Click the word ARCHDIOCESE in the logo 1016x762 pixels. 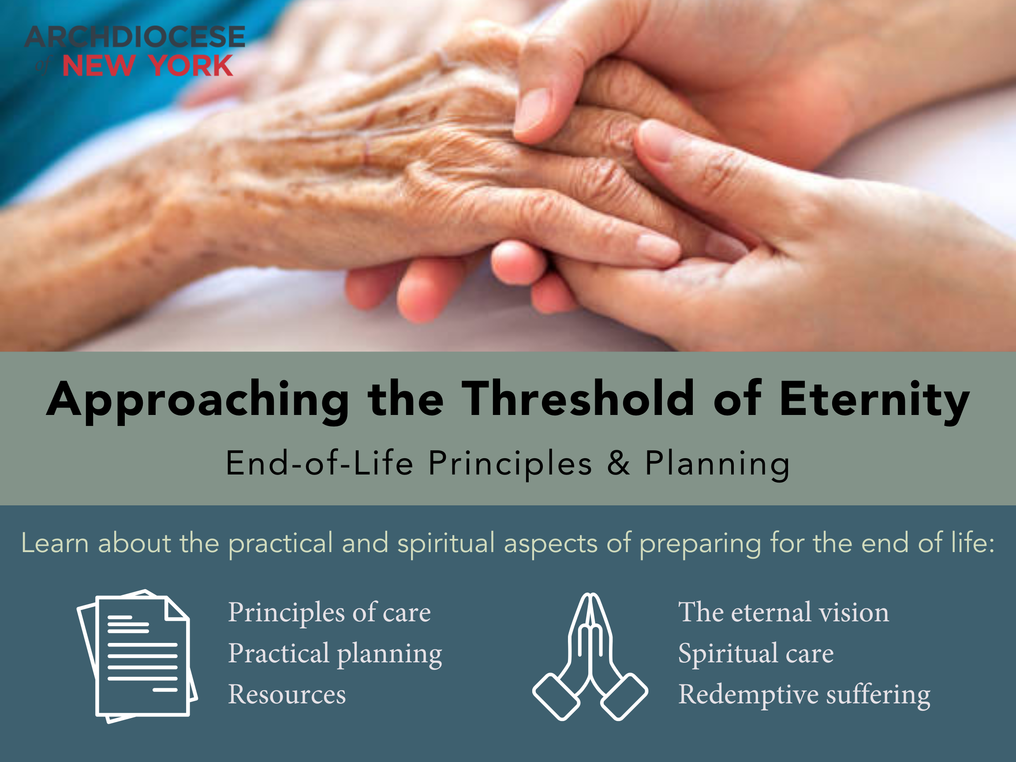[134, 37]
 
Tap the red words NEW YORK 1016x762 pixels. [147, 65]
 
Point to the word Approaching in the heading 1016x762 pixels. [198, 402]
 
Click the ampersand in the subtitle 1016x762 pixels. [618, 463]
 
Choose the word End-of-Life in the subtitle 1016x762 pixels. [320, 463]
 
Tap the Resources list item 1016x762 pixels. [287, 694]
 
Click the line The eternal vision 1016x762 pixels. [784, 612]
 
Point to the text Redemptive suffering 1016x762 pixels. [804, 695]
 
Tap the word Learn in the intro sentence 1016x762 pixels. [55, 543]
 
